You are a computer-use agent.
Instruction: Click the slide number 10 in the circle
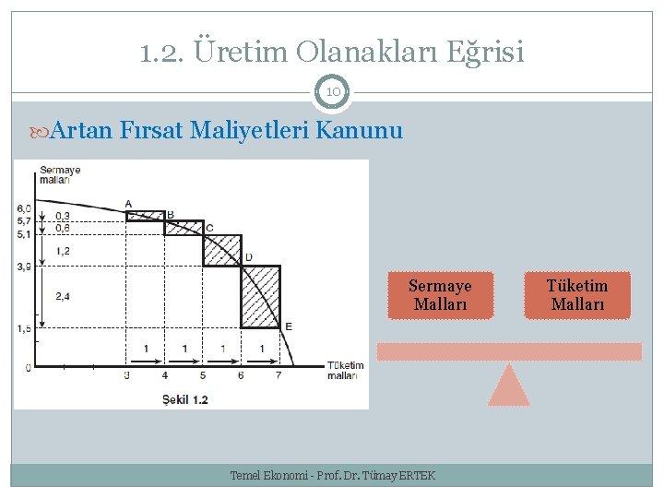pyautogui.click(x=332, y=91)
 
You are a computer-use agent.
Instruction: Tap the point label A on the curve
pyautogui.click(x=128, y=204)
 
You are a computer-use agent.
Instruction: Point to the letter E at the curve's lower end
pyautogui.click(x=289, y=326)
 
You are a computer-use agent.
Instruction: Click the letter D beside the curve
pyautogui.click(x=248, y=256)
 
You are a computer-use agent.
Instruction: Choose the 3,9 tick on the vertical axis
pyautogui.click(x=23, y=267)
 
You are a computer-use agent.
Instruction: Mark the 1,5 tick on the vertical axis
pyautogui.click(x=23, y=328)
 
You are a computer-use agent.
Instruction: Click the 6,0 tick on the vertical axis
pyautogui.click(x=23, y=208)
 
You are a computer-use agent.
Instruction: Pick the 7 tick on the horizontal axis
pyautogui.click(x=279, y=375)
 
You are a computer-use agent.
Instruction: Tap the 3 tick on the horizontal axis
pyautogui.click(x=125, y=375)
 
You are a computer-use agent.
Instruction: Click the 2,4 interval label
pyautogui.click(x=63, y=296)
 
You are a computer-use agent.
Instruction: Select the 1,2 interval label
pyautogui.click(x=63, y=250)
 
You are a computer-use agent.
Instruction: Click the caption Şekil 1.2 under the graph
pyautogui.click(x=184, y=399)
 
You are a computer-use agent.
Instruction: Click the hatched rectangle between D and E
pyautogui.click(x=260, y=297)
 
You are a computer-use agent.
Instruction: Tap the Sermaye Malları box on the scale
pyautogui.click(x=440, y=295)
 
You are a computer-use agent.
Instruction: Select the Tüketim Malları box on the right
pyautogui.click(x=577, y=295)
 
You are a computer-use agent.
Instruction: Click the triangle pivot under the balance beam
pyautogui.click(x=508, y=386)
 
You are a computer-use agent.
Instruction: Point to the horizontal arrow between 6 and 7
pyautogui.click(x=260, y=359)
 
